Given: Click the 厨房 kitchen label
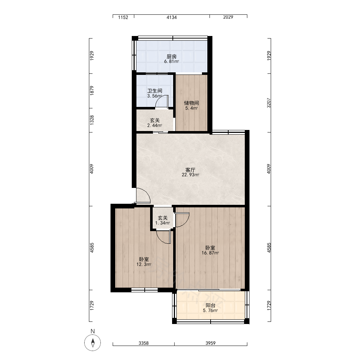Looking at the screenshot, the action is [171, 56].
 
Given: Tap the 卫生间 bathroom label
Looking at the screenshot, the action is [155, 91].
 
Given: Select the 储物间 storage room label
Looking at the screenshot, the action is [192, 103].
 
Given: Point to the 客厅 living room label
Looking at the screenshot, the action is [190, 170].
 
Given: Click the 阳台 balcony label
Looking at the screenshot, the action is [210, 305].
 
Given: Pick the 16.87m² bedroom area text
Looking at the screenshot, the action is [210, 253].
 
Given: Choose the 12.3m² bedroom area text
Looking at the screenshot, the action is [144, 265].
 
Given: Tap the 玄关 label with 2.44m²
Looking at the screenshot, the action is [155, 120].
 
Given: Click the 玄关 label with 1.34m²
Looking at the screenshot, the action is [163, 218].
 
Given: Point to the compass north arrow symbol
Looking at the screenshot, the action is [93, 343].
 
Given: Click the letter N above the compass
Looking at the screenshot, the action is [93, 331].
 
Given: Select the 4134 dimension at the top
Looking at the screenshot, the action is [172, 17].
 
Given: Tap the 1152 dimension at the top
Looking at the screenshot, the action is [123, 17].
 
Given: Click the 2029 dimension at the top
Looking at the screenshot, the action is [228, 17].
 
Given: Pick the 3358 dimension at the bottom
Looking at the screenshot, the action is [144, 343].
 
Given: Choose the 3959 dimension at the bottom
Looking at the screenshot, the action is [211, 343].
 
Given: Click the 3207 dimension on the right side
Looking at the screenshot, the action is [269, 103].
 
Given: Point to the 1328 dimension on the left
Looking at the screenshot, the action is [92, 120].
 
